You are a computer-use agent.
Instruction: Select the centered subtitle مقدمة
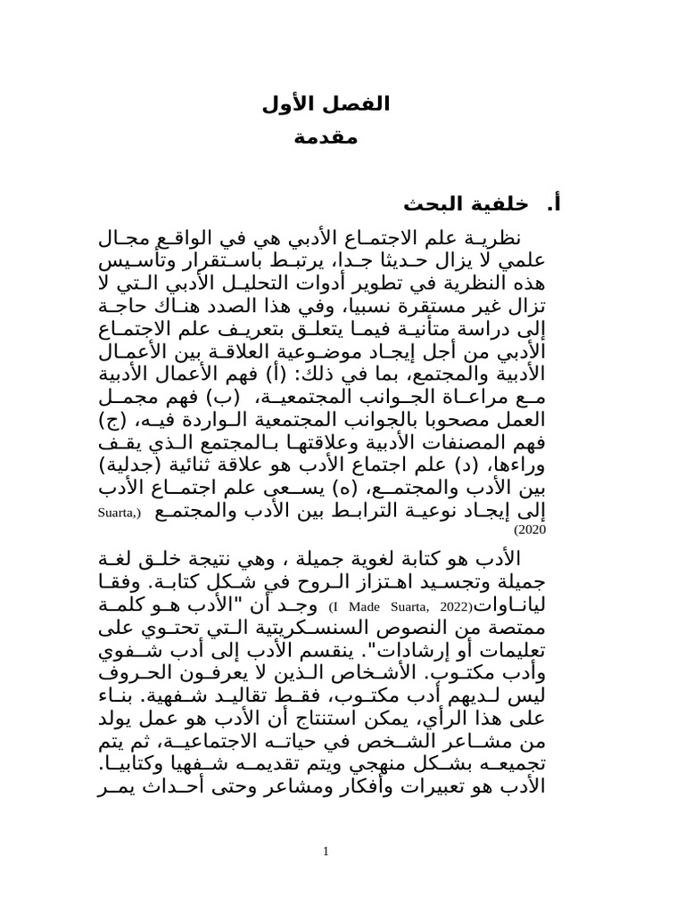(326, 139)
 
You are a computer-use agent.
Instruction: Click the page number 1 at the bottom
(326, 852)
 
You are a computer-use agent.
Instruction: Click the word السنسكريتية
(342, 629)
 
